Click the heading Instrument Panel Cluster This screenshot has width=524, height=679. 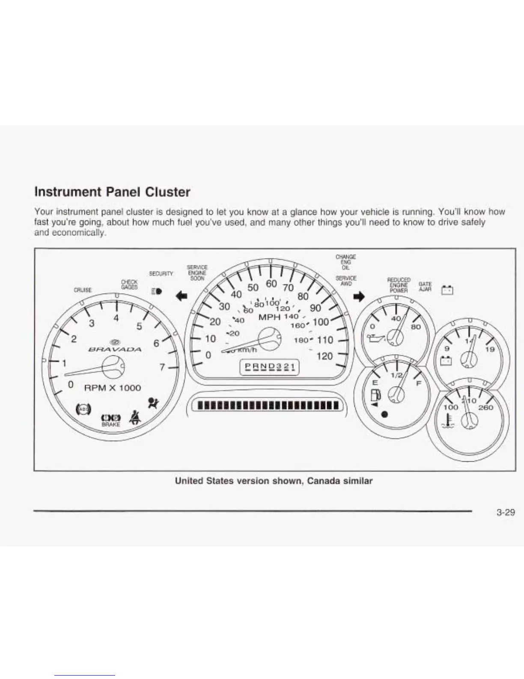pos(112,192)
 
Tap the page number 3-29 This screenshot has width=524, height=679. pos(506,512)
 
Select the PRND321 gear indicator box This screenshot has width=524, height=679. pos(269,367)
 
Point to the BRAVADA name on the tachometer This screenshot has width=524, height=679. pos(114,349)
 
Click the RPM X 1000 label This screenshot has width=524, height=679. pos(113,388)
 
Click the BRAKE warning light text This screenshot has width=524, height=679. pos(111,424)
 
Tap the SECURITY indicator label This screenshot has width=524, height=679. pos(161,273)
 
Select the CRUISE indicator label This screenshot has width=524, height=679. pos(82,290)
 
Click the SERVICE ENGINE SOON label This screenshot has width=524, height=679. pos(197,273)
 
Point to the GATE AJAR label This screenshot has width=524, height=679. pos(425,287)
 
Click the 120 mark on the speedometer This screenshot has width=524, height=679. pos(325,356)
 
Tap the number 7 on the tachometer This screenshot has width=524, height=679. pos(162,367)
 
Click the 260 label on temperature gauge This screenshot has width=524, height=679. pos(485,407)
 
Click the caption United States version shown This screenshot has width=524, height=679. pos(274,481)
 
